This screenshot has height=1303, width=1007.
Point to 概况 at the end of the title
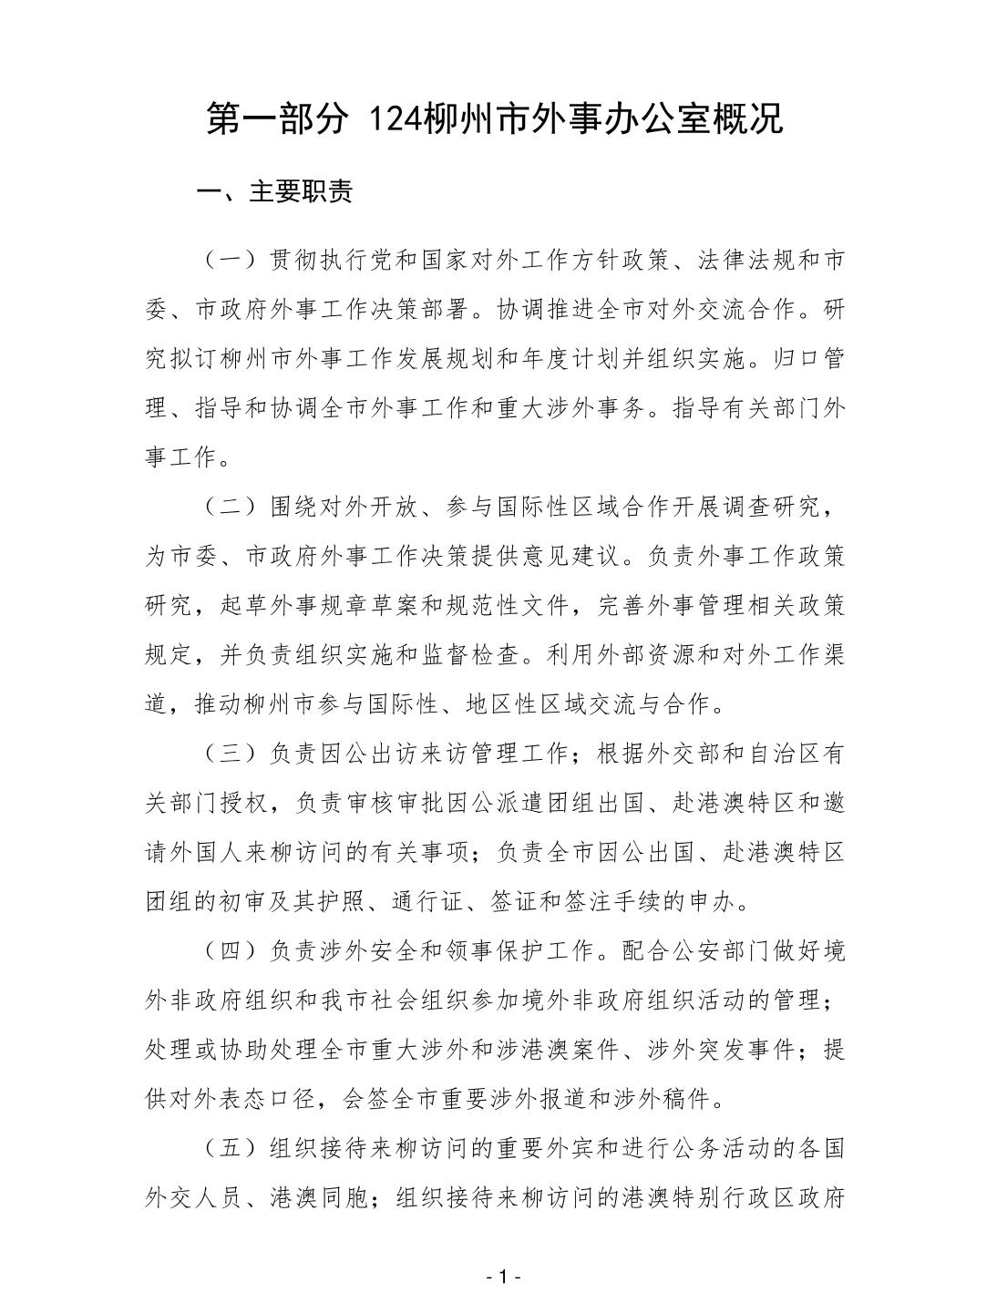click(748, 119)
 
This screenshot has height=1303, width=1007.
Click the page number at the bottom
click(503, 1277)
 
